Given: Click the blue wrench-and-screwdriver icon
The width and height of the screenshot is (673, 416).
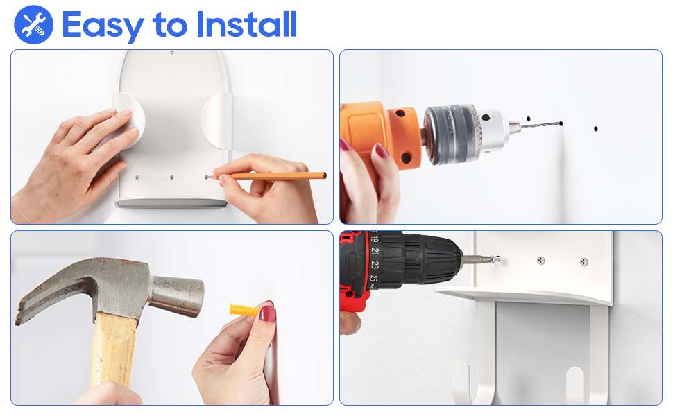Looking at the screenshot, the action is [33, 24].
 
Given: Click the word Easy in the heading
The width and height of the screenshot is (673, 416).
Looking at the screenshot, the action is [103, 26].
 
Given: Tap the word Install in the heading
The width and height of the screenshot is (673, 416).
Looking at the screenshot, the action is [246, 24].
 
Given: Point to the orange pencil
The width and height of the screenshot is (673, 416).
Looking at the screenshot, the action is [268, 176].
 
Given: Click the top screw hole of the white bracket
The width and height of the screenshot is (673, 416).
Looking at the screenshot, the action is [172, 53].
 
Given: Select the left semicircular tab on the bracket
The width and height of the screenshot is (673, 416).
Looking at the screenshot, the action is [128, 121].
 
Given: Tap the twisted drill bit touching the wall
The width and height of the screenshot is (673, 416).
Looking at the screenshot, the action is [540, 125].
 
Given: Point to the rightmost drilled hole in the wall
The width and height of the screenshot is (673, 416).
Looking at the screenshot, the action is [595, 128].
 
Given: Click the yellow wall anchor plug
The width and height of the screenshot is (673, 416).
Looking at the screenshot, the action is [244, 309].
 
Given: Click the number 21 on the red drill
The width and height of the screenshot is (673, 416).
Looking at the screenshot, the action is [375, 251].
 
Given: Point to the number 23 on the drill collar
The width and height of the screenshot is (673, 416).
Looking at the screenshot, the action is [375, 265].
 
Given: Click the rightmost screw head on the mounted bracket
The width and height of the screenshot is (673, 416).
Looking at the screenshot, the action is [583, 261].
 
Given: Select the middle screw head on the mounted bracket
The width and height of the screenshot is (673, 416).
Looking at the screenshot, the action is [541, 260].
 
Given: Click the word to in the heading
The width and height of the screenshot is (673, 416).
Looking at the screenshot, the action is [170, 25].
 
